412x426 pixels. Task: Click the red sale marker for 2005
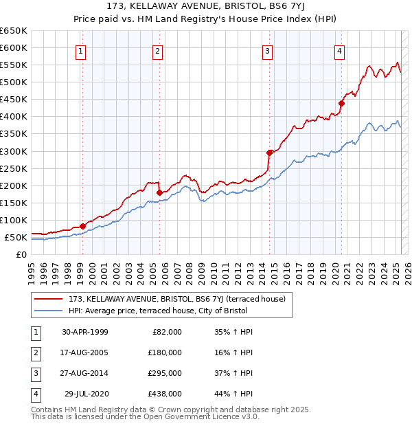(x=159, y=192)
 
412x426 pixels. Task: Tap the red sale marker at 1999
(x=82, y=226)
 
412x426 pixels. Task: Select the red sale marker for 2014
(x=269, y=153)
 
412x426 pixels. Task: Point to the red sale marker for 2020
(x=341, y=104)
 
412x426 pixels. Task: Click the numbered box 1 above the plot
(x=81, y=51)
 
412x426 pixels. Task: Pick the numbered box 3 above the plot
(x=267, y=51)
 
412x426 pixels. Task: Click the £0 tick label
(x=21, y=255)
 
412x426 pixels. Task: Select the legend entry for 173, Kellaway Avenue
(x=181, y=299)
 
